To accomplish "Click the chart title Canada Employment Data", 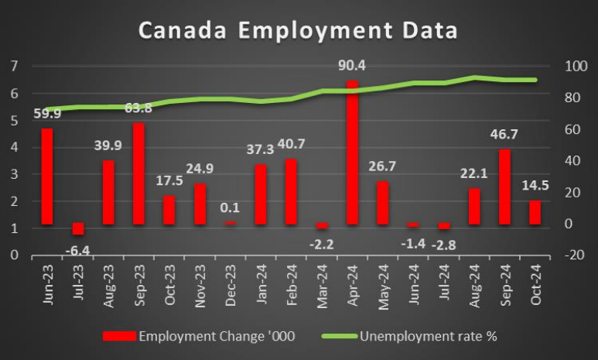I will pyautogui.click(x=298, y=31).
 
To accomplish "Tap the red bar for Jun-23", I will pyautogui.click(x=47, y=177).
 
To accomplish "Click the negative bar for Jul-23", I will pyautogui.click(x=78, y=228).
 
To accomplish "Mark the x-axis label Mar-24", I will pyautogui.click(x=322, y=287).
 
